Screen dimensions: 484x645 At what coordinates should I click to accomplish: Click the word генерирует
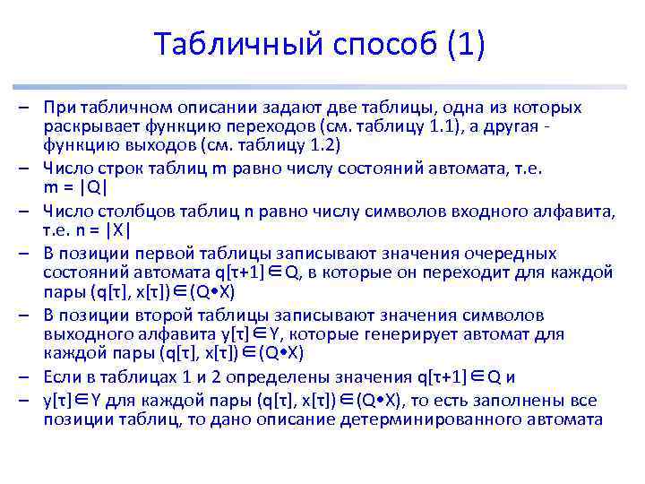pos(437,333)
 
